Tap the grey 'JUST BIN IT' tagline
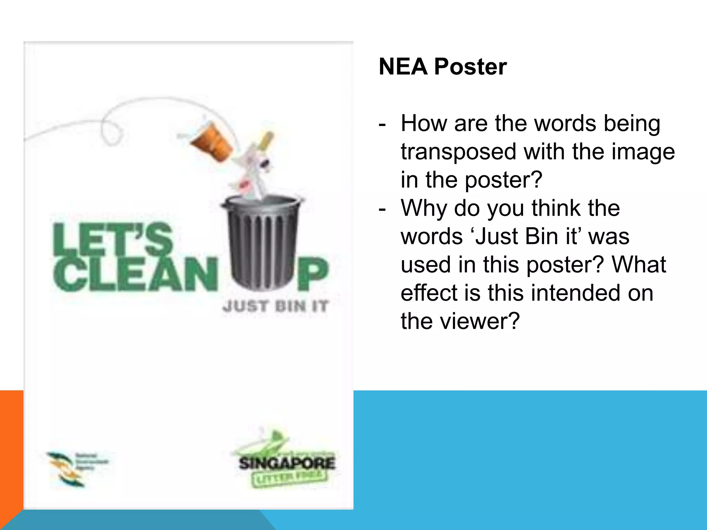pyautogui.click(x=275, y=306)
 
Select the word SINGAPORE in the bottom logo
pyautogui.click(x=287, y=463)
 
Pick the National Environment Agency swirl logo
pyautogui.click(x=66, y=469)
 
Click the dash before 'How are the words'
pyautogui.click(x=382, y=124)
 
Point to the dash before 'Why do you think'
pyautogui.click(x=382, y=209)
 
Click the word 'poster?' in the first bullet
pyautogui.click(x=504, y=180)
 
